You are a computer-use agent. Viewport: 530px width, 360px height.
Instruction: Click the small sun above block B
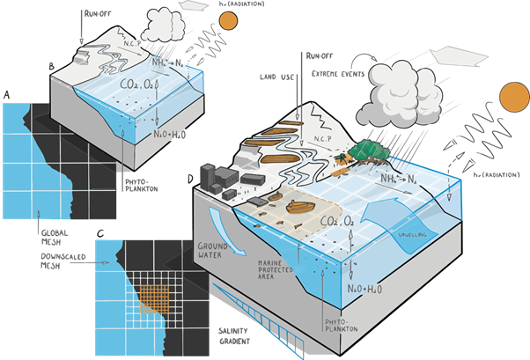(x=228, y=21)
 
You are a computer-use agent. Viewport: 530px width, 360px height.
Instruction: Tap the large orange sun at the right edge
(x=513, y=99)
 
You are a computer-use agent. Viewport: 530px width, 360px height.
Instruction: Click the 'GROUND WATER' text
(x=213, y=252)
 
